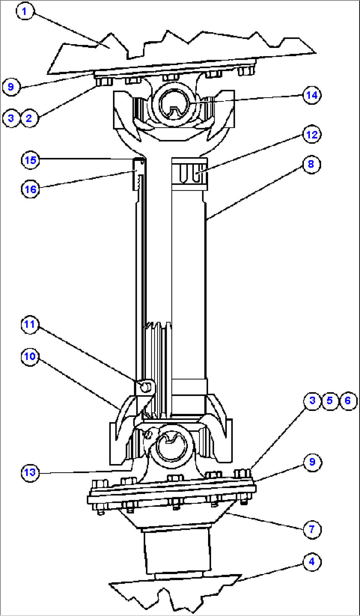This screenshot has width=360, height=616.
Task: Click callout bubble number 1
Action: [x=24, y=12]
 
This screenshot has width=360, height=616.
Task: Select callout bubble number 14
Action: [x=312, y=95]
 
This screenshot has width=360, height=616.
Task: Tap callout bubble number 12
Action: [x=312, y=135]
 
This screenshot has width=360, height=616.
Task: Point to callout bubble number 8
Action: [x=311, y=164]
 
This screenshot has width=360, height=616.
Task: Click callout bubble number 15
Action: [x=30, y=160]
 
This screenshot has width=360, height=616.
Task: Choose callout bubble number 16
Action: [x=30, y=189]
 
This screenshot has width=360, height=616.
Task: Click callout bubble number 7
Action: [x=312, y=529]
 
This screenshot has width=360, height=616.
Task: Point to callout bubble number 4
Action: [x=312, y=562]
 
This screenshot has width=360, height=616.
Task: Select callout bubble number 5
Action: [x=330, y=401]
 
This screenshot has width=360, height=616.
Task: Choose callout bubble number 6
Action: [x=348, y=401]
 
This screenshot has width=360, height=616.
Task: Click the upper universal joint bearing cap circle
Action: [x=174, y=104]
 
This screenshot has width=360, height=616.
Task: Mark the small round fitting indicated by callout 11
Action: [x=145, y=387]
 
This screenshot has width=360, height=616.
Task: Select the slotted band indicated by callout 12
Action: [x=190, y=174]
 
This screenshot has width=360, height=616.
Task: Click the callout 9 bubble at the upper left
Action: [x=11, y=87]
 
